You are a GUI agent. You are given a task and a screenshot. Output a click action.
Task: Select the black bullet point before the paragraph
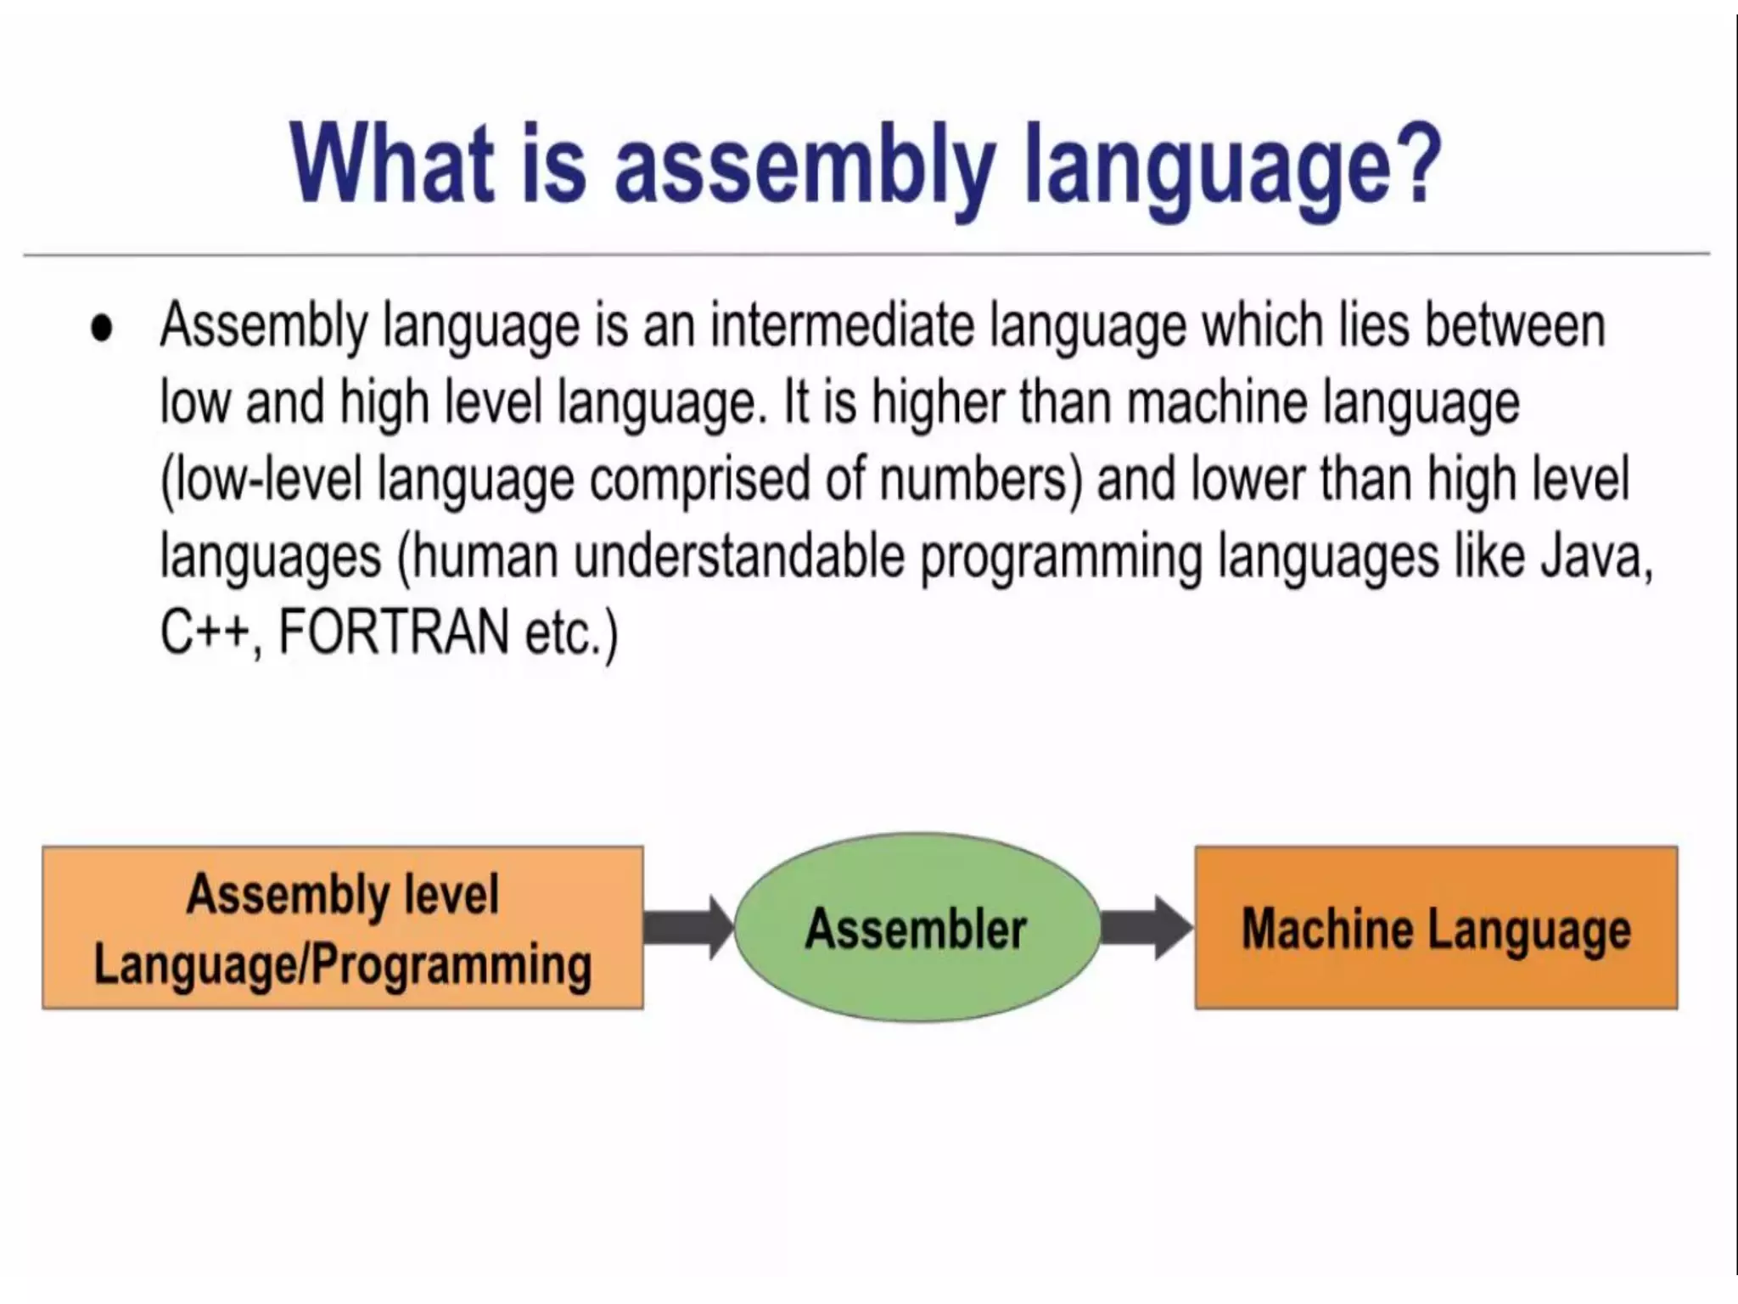point(101,328)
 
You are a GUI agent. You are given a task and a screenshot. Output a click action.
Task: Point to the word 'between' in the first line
point(1514,326)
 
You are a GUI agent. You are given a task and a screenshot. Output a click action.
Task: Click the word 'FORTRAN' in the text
point(393,633)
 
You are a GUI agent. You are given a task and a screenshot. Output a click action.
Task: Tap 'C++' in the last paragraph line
point(206,633)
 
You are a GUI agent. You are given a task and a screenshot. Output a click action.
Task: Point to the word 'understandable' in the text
point(738,557)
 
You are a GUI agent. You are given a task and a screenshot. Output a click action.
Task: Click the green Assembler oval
point(917,928)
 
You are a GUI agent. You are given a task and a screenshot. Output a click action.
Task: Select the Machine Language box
point(1436,928)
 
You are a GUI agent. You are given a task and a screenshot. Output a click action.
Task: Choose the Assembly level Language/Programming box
point(342,928)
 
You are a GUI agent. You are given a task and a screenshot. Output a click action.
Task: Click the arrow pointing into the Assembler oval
point(688,928)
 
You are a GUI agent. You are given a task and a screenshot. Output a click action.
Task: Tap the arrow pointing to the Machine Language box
point(1146,928)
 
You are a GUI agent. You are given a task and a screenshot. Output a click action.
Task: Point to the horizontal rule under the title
point(866,254)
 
